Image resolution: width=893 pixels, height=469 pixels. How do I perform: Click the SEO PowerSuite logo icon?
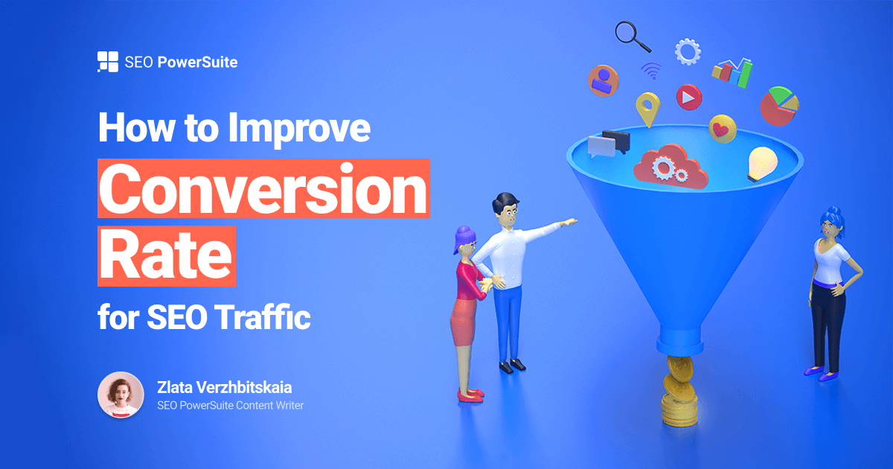[108, 62]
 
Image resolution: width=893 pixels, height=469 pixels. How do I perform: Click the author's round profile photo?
[121, 395]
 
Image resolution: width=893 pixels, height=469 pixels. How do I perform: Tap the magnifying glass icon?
[632, 36]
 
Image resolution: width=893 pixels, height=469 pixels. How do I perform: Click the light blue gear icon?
[687, 51]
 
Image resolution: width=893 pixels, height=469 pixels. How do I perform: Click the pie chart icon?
[778, 105]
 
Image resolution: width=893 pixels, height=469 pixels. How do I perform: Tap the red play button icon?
[688, 97]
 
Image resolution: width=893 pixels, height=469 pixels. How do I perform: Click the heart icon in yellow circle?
[722, 129]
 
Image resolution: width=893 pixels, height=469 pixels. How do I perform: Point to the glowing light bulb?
[761, 162]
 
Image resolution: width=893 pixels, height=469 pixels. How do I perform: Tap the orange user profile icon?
[603, 80]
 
